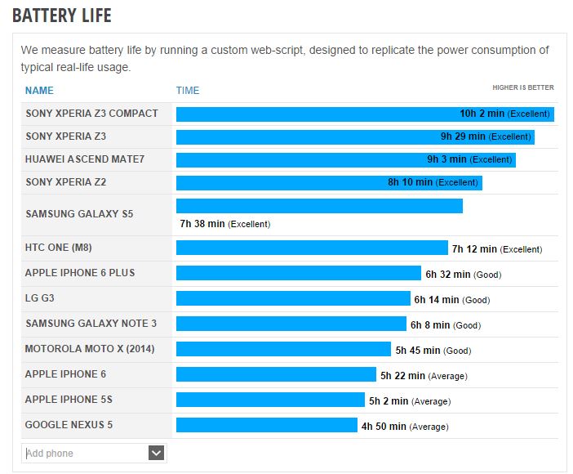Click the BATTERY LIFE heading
tap(62, 16)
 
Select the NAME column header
tap(39, 91)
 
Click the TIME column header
tap(188, 91)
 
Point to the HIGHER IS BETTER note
tap(522, 87)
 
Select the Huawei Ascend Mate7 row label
tap(85, 159)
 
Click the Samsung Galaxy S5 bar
tap(319, 206)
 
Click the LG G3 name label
tap(40, 298)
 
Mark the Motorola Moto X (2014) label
tap(90, 349)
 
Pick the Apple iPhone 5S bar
tap(270, 400)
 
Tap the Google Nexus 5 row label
tap(69, 425)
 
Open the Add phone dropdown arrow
tap(157, 453)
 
